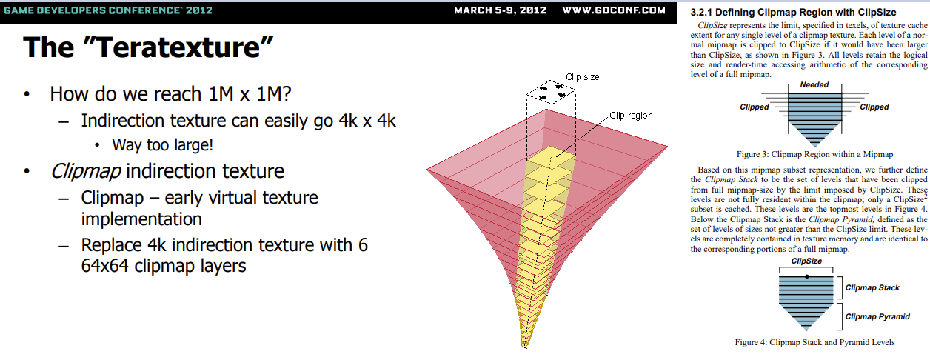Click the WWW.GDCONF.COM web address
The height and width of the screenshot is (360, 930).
[614, 10]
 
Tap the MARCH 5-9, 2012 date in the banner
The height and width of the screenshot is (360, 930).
[500, 10]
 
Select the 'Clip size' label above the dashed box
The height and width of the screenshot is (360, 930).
[583, 77]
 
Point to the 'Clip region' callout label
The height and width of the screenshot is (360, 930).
[631, 116]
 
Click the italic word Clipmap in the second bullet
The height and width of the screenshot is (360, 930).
[86, 171]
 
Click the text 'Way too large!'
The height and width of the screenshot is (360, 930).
[162, 145]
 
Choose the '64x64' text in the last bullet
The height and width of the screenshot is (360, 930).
[104, 266]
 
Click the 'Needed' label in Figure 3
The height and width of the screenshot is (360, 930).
[814, 84]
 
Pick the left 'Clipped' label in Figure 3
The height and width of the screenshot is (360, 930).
[755, 107]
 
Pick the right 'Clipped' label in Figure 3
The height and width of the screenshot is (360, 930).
[874, 107]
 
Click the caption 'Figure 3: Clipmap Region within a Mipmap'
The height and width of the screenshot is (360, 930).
[814, 155]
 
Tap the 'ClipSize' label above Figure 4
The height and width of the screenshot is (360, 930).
[806, 261]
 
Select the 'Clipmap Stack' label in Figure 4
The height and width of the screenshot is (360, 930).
[872, 287]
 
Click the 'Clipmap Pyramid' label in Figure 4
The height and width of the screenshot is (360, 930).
[877, 317]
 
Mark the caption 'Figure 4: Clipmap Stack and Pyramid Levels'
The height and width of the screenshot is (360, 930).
[814, 342]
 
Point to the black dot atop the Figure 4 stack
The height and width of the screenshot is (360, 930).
[806, 276]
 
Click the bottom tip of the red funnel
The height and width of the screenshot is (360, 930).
[524, 347]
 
